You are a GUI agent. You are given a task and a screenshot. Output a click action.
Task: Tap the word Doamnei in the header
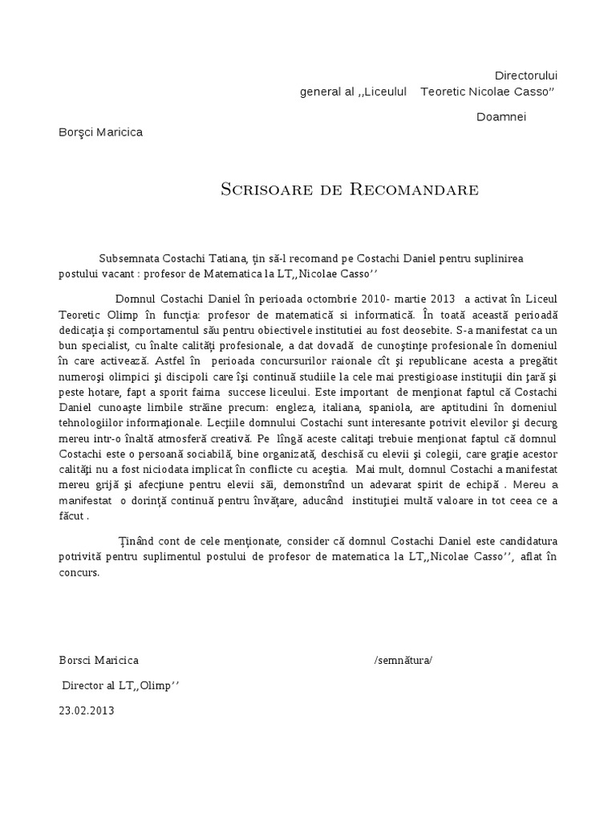(x=501, y=116)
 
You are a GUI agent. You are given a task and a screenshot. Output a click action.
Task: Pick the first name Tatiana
(x=227, y=258)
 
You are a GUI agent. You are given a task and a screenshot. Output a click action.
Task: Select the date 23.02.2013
(x=87, y=710)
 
